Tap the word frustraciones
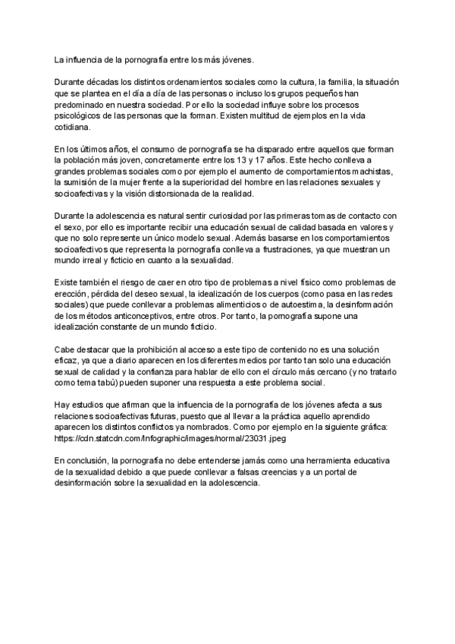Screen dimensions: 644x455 pos(293,250)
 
